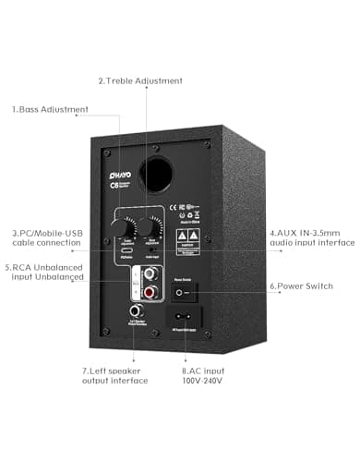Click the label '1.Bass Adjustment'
[x=50, y=109]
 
